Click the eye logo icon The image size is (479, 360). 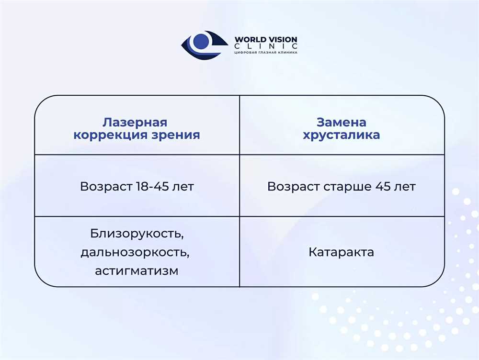point(205,45)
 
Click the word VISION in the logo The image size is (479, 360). point(282,39)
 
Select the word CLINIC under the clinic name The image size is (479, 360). point(266,46)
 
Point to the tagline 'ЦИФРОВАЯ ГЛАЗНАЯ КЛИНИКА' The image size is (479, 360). point(266,53)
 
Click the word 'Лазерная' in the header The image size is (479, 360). point(135,122)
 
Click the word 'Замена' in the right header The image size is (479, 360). point(341,122)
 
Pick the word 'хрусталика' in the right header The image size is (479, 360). point(341,135)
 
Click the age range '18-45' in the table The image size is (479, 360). point(152,186)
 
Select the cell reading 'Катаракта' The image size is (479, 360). point(341,252)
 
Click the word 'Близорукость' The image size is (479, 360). point(137,234)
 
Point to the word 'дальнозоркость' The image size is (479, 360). point(135,252)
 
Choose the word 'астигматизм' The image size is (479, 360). point(137,271)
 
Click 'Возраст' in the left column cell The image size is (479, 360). point(106,187)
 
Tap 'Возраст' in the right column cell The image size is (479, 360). point(293,187)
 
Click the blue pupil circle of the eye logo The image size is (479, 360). point(201,41)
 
